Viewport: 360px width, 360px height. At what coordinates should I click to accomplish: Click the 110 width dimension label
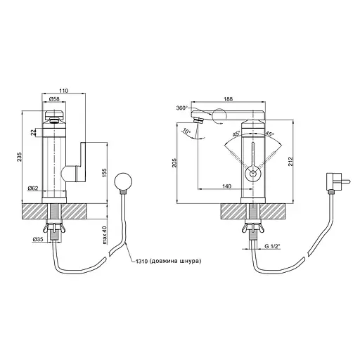[x=63, y=91]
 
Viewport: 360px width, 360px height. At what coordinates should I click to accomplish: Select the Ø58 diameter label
[x=54, y=99]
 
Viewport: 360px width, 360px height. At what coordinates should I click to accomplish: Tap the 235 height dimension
[x=19, y=157]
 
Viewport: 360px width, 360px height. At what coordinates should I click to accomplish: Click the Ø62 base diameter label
[x=33, y=188]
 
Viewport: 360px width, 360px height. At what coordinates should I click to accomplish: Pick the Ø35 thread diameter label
[x=38, y=240]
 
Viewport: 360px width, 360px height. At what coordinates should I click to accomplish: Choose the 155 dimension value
[x=104, y=173]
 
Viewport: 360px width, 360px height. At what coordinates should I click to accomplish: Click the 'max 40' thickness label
[x=105, y=236]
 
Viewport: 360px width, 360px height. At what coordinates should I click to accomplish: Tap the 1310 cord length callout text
[x=169, y=261]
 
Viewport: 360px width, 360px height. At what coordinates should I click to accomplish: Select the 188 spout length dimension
[x=228, y=99]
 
